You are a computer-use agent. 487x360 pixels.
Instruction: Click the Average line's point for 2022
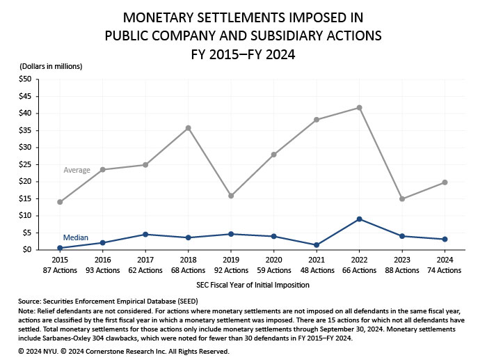[x=359, y=108]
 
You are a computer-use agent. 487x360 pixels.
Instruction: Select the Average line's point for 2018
[x=188, y=128]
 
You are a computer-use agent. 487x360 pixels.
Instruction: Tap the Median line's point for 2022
[x=359, y=219]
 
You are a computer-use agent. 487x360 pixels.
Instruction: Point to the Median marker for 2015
[x=60, y=248]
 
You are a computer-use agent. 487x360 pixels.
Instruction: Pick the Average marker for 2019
[x=231, y=196]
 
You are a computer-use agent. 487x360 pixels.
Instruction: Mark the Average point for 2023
[x=402, y=198]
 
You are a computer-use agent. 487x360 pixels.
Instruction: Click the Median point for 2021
[x=317, y=245]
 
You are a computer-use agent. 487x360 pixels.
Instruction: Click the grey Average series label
[x=77, y=170]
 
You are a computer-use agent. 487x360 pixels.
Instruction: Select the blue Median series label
[x=76, y=238]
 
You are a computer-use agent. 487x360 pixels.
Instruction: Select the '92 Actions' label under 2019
[x=231, y=270]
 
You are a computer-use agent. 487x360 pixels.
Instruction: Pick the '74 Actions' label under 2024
[x=445, y=270]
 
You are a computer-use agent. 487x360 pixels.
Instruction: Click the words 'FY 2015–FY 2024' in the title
[x=243, y=53]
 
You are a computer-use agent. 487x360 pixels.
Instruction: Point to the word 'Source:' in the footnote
[x=31, y=300]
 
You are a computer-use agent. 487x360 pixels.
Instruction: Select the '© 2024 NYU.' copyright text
[x=40, y=352]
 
